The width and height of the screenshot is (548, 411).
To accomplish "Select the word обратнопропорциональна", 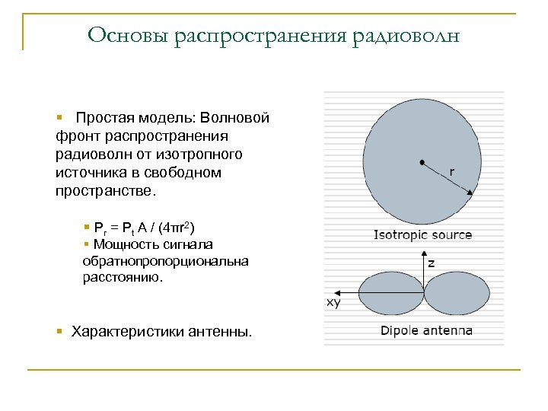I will [x=165, y=261].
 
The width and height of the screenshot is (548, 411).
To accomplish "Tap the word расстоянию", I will [x=123, y=278].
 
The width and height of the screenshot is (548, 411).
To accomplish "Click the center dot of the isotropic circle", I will [x=421, y=161].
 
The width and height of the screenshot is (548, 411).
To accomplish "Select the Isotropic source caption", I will [x=422, y=235].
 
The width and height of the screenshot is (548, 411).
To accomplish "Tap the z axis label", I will [x=431, y=263].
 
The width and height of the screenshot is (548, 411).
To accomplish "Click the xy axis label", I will [x=333, y=302].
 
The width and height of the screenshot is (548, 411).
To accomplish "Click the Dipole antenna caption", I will [x=425, y=330].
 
